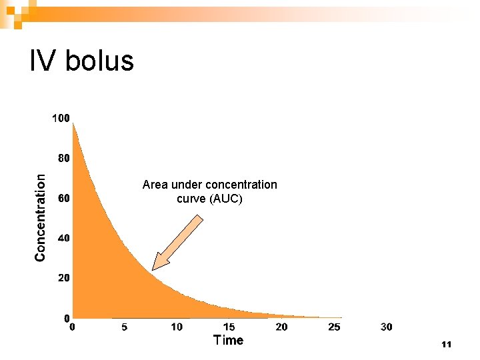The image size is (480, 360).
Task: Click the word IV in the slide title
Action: [42, 61]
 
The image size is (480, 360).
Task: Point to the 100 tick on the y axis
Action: [61, 118]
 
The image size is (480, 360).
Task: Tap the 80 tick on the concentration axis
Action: [63, 159]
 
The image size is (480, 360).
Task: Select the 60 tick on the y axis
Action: [63, 199]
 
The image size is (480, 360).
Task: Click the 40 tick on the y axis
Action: [63, 238]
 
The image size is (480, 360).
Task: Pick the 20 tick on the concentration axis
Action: [63, 277]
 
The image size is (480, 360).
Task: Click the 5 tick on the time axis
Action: [125, 327]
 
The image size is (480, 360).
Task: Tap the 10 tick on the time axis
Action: [177, 327]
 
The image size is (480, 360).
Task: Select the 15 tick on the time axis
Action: [229, 327]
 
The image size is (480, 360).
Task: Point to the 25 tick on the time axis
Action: [335, 327]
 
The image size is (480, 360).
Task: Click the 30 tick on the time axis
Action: [387, 327]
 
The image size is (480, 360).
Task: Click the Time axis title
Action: [228, 341]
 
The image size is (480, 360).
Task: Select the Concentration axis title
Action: [41, 217]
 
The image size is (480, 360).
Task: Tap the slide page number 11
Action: [447, 345]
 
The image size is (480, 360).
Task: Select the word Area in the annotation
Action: [155, 185]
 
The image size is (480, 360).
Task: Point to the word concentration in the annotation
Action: [241, 185]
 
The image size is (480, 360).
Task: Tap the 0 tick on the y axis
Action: [66, 317]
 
